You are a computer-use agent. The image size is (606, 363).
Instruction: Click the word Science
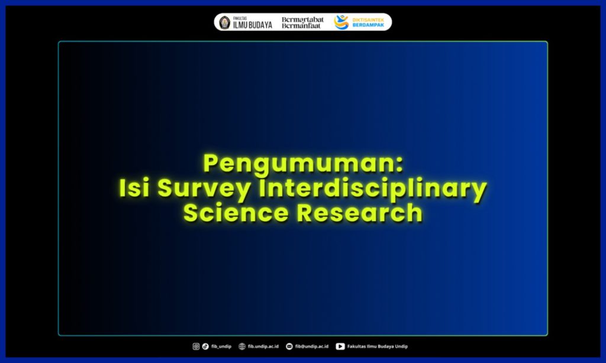click(x=236, y=212)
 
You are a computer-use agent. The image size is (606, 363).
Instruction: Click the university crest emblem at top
click(x=224, y=22)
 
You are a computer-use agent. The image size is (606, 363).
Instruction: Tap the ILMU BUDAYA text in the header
click(x=253, y=25)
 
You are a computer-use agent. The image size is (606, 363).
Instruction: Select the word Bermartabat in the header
click(x=302, y=19)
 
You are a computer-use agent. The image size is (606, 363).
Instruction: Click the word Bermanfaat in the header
click(x=302, y=26)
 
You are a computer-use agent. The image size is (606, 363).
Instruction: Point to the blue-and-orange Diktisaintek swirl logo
click(x=341, y=22)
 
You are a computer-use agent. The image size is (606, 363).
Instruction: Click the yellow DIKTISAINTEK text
click(x=368, y=19)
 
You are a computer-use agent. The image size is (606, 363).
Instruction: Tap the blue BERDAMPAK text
click(x=368, y=25)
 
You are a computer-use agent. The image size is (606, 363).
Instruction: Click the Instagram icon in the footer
click(x=196, y=346)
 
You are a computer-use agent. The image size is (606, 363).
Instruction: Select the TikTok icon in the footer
click(x=205, y=346)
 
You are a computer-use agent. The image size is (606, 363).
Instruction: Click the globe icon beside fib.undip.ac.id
click(x=242, y=346)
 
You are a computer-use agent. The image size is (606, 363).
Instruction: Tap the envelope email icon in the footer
click(x=289, y=346)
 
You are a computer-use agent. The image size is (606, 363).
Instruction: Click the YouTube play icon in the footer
click(x=340, y=346)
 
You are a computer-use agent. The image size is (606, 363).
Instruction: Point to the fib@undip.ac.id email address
click(x=311, y=346)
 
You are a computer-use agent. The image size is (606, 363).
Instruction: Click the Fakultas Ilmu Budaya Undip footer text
click(x=378, y=346)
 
